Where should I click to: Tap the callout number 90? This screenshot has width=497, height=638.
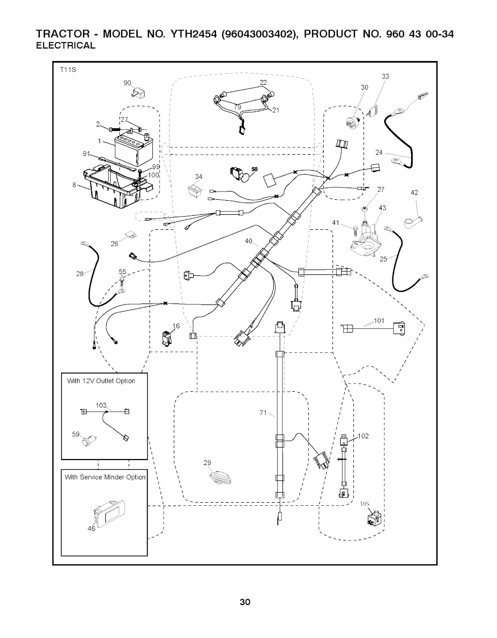coord(127,83)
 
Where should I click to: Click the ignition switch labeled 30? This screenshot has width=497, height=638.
coord(353,121)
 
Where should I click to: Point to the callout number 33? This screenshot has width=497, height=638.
coord(385,76)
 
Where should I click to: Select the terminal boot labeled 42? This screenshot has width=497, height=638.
coord(411,220)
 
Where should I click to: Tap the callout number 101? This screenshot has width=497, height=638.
coord(379,320)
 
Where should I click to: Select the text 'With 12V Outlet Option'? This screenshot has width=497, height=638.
coord(101,381)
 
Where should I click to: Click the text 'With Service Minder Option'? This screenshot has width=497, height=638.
coord(105,477)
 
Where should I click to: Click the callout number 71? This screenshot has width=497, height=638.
coord(263,413)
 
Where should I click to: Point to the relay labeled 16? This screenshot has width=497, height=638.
coord(166,337)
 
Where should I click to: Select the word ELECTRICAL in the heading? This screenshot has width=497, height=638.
coord(66,46)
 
